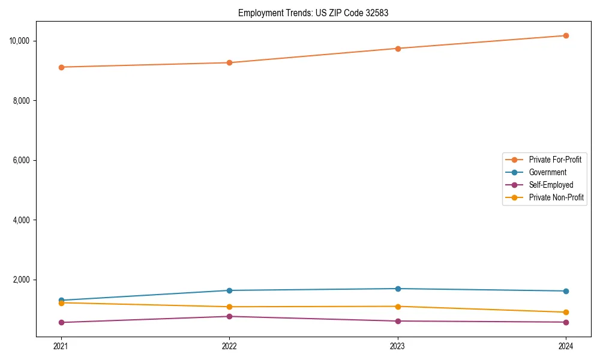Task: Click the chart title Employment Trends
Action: point(313,13)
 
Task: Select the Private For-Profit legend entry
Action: point(554,160)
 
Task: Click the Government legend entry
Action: point(547,172)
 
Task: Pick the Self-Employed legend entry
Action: point(551,185)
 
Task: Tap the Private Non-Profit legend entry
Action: point(556,197)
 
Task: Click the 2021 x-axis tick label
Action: point(61,346)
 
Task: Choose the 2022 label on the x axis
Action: point(229,346)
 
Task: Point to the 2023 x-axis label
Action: point(397,346)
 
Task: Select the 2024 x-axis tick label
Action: point(566,346)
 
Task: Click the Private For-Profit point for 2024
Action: point(566,35)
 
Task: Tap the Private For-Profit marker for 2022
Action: point(229,62)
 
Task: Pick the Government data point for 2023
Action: point(397,289)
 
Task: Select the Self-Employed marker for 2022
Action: point(229,316)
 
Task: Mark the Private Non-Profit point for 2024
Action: point(566,312)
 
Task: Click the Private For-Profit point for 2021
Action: point(61,67)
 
